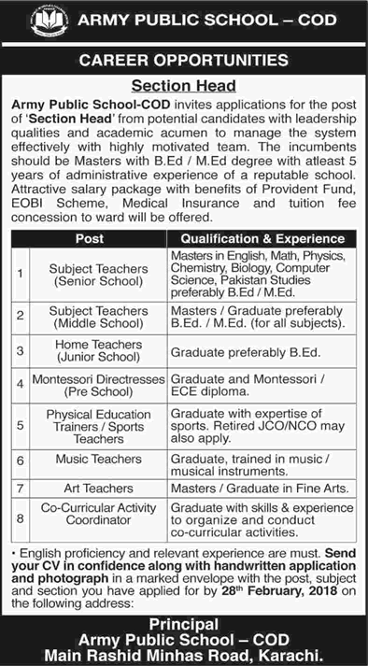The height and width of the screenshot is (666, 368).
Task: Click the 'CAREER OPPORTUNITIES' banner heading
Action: (183, 61)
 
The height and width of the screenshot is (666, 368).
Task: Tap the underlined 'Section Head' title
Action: (183, 83)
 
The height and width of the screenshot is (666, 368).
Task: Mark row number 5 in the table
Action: (19, 425)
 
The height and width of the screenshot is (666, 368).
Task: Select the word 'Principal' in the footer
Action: (183, 624)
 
